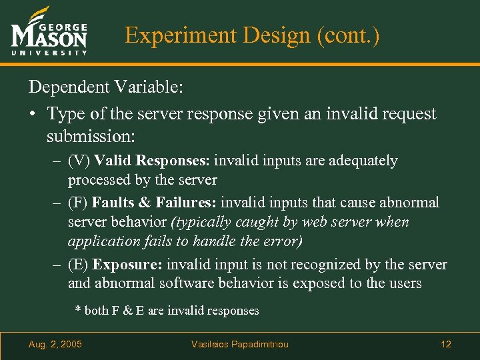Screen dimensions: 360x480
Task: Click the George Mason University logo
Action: [x=49, y=33]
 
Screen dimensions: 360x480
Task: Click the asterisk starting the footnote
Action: [x=78, y=311]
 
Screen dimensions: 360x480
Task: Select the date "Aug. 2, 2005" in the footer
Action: [x=55, y=344]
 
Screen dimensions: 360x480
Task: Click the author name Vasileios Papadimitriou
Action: [x=240, y=344]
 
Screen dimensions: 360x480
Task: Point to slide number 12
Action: [x=446, y=344]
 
